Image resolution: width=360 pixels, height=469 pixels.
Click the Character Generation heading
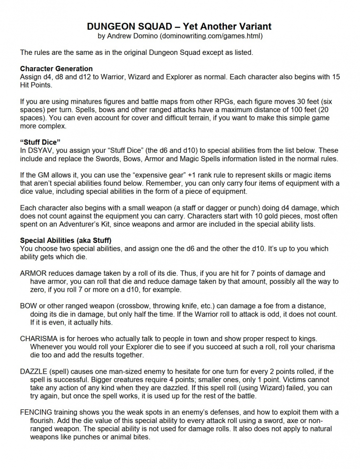pos(56,68)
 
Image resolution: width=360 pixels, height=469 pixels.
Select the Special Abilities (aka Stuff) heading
pos(66,241)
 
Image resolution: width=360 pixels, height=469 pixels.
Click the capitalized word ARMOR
pos(34,273)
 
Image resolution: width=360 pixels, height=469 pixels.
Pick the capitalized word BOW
pos(29,305)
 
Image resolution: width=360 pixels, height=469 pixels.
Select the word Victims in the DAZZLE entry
pos(299,379)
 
